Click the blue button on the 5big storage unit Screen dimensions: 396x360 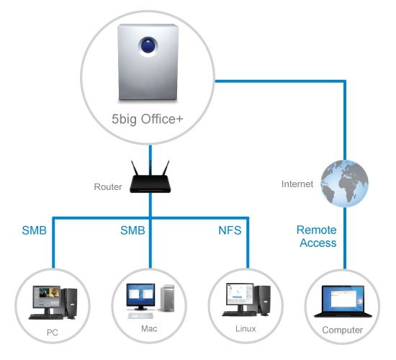(148, 45)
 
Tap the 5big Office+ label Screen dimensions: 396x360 (148, 119)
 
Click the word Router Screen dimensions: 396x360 (108, 187)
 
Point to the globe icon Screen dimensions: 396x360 (344, 184)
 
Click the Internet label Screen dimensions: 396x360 (297, 184)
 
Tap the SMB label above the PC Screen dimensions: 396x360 (35, 230)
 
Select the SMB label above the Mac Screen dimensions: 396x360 (132, 230)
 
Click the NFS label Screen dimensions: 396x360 (230, 230)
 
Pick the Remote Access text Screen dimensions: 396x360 (317, 236)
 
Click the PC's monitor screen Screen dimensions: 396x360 (47, 297)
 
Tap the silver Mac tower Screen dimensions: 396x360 (167, 298)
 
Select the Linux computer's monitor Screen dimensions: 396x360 (240, 294)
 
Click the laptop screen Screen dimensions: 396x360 (343, 299)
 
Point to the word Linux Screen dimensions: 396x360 (246, 328)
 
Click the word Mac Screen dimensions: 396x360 (149, 328)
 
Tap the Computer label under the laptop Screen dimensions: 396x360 (343, 330)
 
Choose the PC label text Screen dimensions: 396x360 (53, 333)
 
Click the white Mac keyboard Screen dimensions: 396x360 (140, 315)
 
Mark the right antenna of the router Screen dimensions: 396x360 (165, 168)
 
